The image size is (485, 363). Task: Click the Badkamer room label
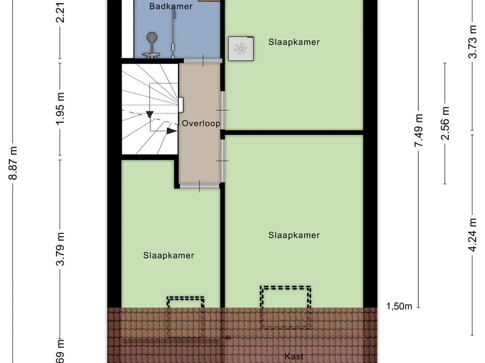tap(164, 6)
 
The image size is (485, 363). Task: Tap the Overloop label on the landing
tap(201, 123)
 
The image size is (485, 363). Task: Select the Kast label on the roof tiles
tap(294, 356)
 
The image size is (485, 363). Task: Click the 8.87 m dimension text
tap(14, 163)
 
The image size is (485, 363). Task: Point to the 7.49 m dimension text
tap(419, 130)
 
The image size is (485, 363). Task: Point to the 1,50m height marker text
tap(399, 306)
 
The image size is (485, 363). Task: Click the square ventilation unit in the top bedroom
tap(241, 48)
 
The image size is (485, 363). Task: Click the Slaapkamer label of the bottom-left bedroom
tap(169, 255)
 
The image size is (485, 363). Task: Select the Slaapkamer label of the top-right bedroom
tap(294, 42)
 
